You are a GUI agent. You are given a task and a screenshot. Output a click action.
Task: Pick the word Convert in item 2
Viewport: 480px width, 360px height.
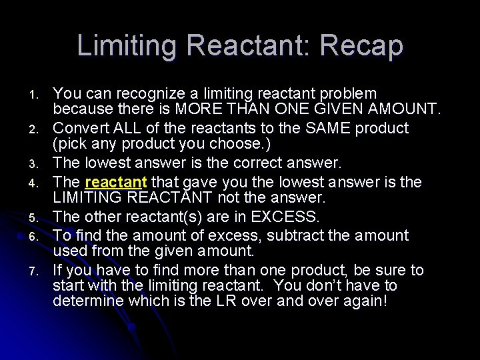tap(80, 127)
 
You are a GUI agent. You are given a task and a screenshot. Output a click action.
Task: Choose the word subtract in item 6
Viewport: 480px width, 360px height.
tap(303, 235)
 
